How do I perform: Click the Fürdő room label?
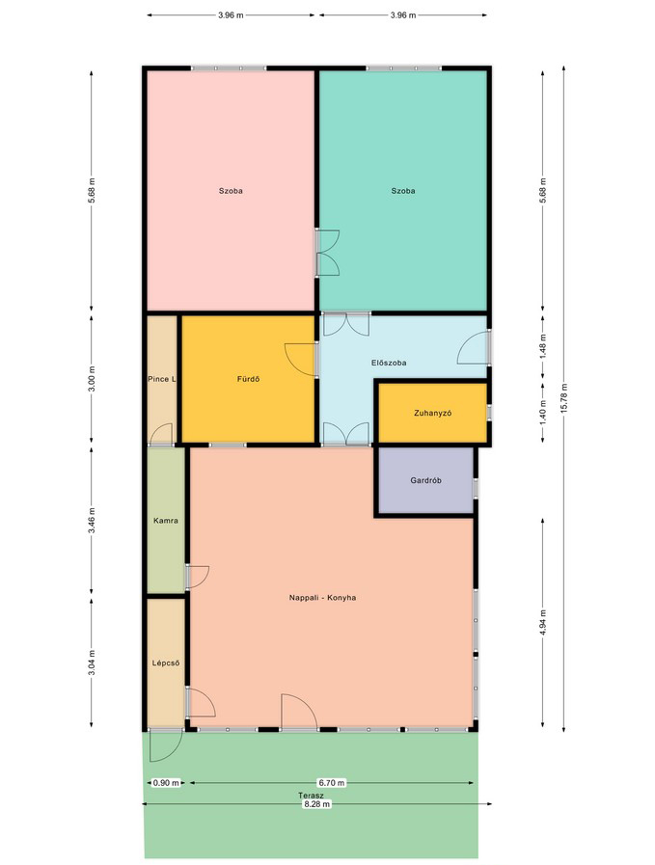[248, 379]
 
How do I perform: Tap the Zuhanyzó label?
[432, 413]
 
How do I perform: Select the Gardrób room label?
[425, 480]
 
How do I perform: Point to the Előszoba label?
[389, 363]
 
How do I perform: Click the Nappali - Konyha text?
[322, 598]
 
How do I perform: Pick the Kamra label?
[166, 520]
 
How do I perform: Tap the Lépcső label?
[166, 663]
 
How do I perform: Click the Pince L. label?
[162, 379]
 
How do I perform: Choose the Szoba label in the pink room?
[231, 191]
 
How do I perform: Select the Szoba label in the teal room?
[403, 191]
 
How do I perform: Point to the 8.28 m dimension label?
[316, 804]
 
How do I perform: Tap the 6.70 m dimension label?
[331, 783]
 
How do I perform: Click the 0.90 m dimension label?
[166, 783]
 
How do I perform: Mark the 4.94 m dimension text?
[543, 622]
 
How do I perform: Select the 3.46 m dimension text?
[92, 520]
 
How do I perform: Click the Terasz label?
[311, 796]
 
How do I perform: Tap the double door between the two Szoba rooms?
[327, 253]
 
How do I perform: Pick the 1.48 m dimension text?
[543, 346]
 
